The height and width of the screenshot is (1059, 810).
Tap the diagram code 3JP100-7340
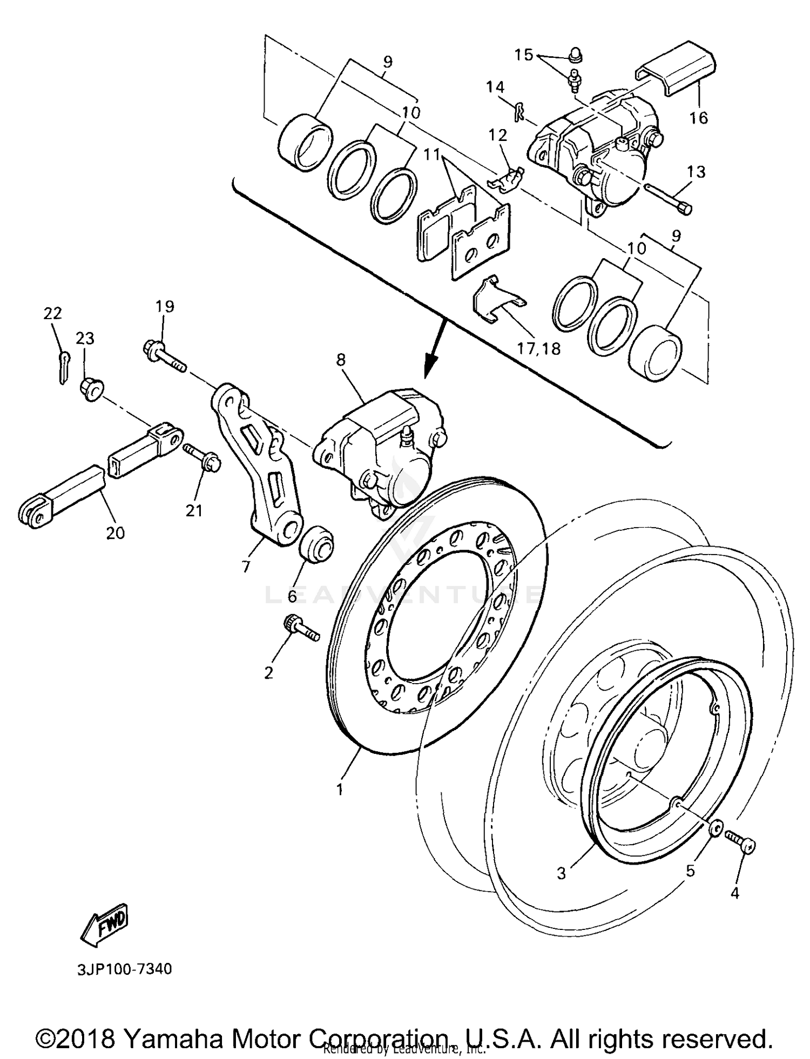click(125, 969)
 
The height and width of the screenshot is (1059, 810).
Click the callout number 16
click(699, 117)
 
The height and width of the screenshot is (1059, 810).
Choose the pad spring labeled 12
click(506, 180)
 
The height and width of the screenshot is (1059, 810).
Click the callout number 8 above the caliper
click(341, 360)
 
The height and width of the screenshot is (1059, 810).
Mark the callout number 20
click(116, 532)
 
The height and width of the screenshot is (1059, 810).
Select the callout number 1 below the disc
click(340, 790)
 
